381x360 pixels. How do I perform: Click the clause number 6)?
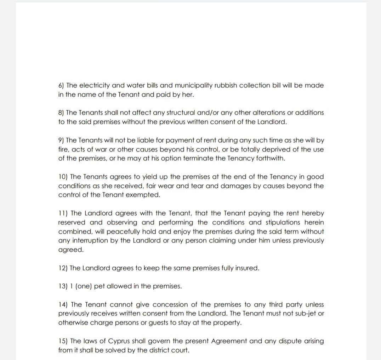pyautogui.click(x=61, y=86)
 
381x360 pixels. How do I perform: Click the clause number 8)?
pyautogui.click(x=61, y=113)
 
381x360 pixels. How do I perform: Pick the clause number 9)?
pyautogui.click(x=61, y=140)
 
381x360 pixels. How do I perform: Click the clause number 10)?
pyautogui.click(x=63, y=177)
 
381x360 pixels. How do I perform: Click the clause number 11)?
pyautogui.click(x=63, y=213)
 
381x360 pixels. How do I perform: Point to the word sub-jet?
pyautogui.click(x=304, y=314)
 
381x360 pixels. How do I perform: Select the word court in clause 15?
pyautogui.click(x=181, y=350)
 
